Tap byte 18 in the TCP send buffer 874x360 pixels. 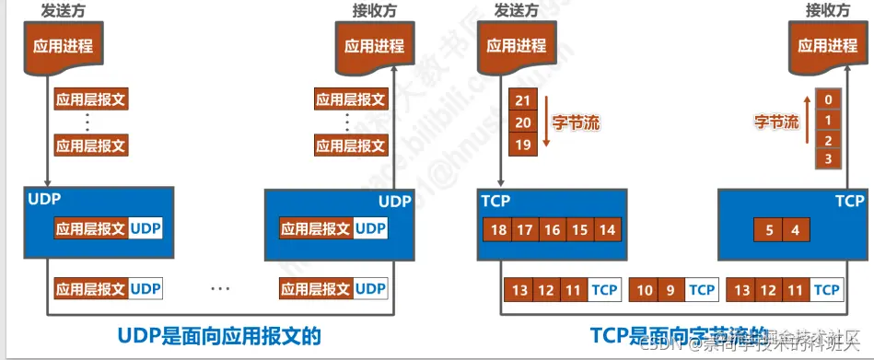(498, 229)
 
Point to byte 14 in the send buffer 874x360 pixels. (606, 229)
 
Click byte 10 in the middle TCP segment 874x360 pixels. (645, 290)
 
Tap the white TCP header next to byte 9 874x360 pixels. (702, 290)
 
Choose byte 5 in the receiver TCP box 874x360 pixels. (769, 229)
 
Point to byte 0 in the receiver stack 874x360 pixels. (830, 99)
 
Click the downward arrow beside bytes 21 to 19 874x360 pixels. (545, 121)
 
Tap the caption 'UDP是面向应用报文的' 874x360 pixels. (219, 335)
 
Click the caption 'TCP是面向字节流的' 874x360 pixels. (679, 335)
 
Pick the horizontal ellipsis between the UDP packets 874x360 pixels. (220, 289)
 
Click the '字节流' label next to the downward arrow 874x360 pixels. (576, 122)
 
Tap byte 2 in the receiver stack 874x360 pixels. (830, 140)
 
